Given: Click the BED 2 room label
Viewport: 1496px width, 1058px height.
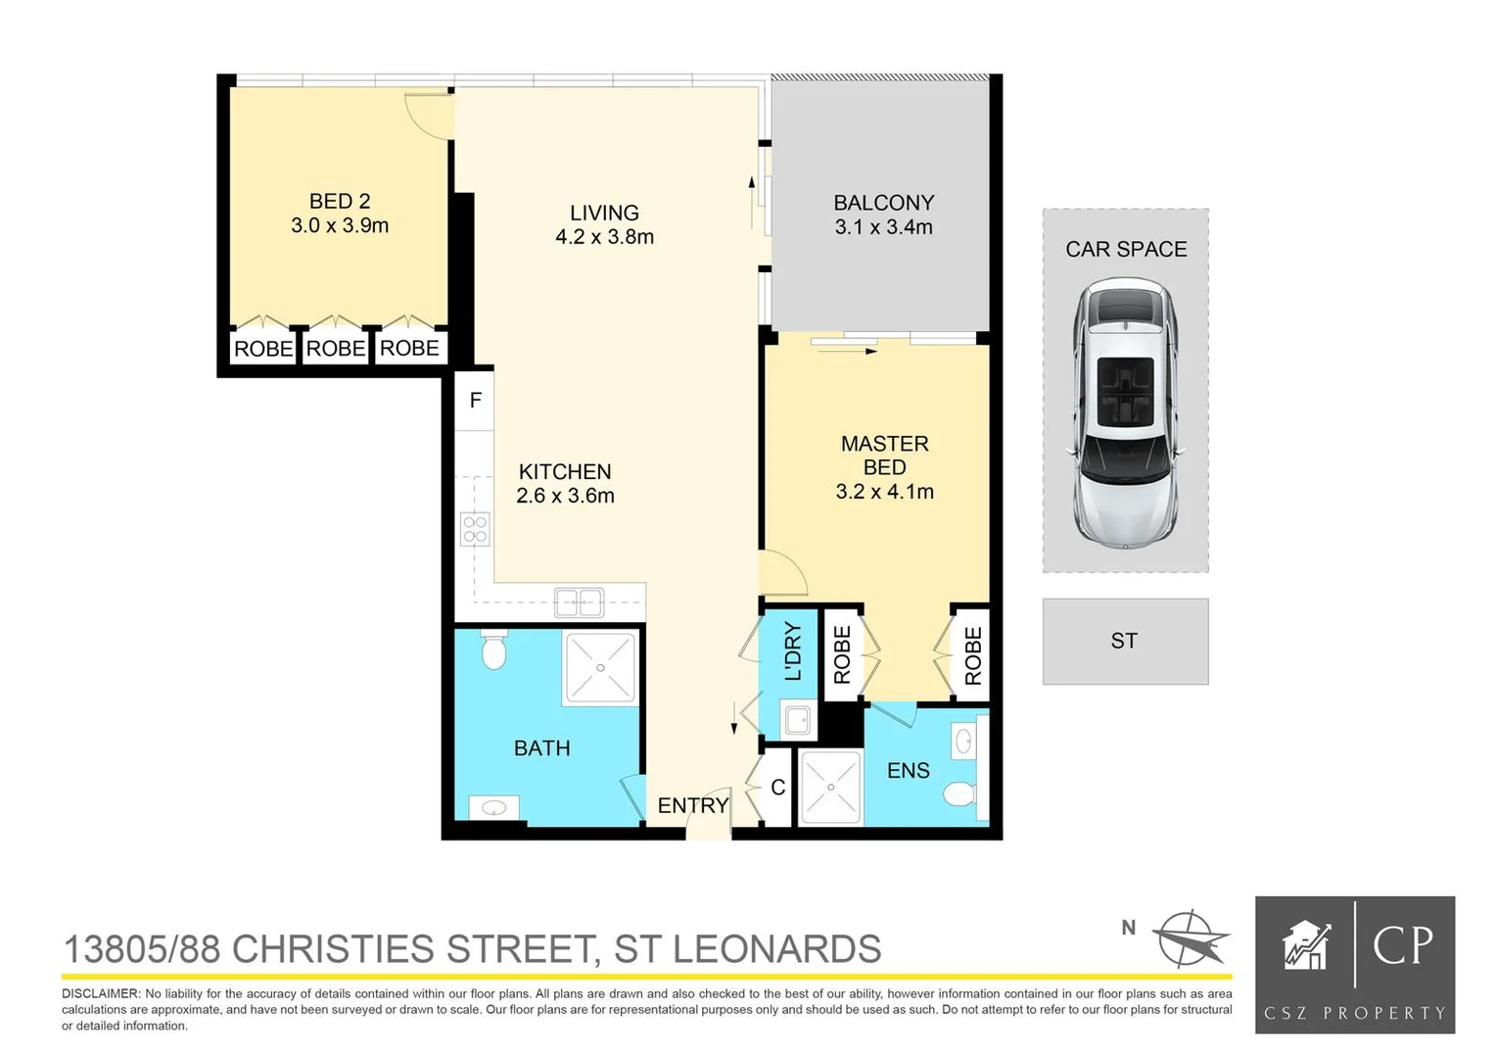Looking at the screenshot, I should pyautogui.click(x=340, y=202).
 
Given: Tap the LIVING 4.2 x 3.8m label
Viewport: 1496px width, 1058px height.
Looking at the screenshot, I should pyautogui.click(x=604, y=224).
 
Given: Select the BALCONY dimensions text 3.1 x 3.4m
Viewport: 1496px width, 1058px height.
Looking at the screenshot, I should pyautogui.click(x=883, y=227).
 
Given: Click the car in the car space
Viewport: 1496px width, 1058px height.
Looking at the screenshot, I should pyautogui.click(x=1125, y=412).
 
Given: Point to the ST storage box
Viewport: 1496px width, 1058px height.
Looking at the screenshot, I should pyautogui.click(x=1125, y=642).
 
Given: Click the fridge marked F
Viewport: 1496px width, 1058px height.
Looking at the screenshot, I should pyautogui.click(x=475, y=400).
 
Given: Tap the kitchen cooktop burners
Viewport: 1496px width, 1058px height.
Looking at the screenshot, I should pyautogui.click(x=475, y=529).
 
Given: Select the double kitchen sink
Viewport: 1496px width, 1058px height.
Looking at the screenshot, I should pyautogui.click(x=579, y=602).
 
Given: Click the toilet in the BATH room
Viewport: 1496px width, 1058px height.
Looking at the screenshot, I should pyautogui.click(x=493, y=649).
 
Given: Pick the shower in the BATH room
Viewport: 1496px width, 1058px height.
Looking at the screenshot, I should pyautogui.click(x=600, y=668).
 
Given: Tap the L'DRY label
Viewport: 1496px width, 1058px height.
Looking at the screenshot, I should pyautogui.click(x=793, y=651).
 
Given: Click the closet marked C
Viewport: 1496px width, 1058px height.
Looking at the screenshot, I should pyautogui.click(x=777, y=788).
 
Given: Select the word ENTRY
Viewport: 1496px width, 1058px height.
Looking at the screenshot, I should pyautogui.click(x=692, y=805).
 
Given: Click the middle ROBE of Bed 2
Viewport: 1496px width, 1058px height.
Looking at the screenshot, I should pyautogui.click(x=336, y=349).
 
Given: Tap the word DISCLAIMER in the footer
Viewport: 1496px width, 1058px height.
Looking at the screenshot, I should pyautogui.click(x=101, y=993).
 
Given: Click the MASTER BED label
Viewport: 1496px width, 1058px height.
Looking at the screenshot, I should pyautogui.click(x=884, y=456).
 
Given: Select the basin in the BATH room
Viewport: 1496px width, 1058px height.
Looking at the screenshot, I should pyautogui.click(x=493, y=808).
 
